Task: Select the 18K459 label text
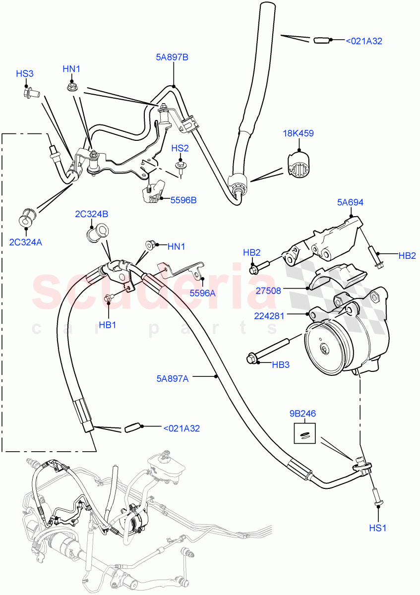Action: click(299, 133)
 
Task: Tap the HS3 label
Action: click(24, 74)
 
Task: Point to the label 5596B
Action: click(183, 200)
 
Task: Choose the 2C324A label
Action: click(24, 242)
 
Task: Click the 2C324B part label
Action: click(92, 214)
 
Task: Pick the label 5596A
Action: click(202, 293)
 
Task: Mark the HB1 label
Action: click(107, 325)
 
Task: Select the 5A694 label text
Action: click(351, 202)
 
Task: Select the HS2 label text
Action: click(180, 148)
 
